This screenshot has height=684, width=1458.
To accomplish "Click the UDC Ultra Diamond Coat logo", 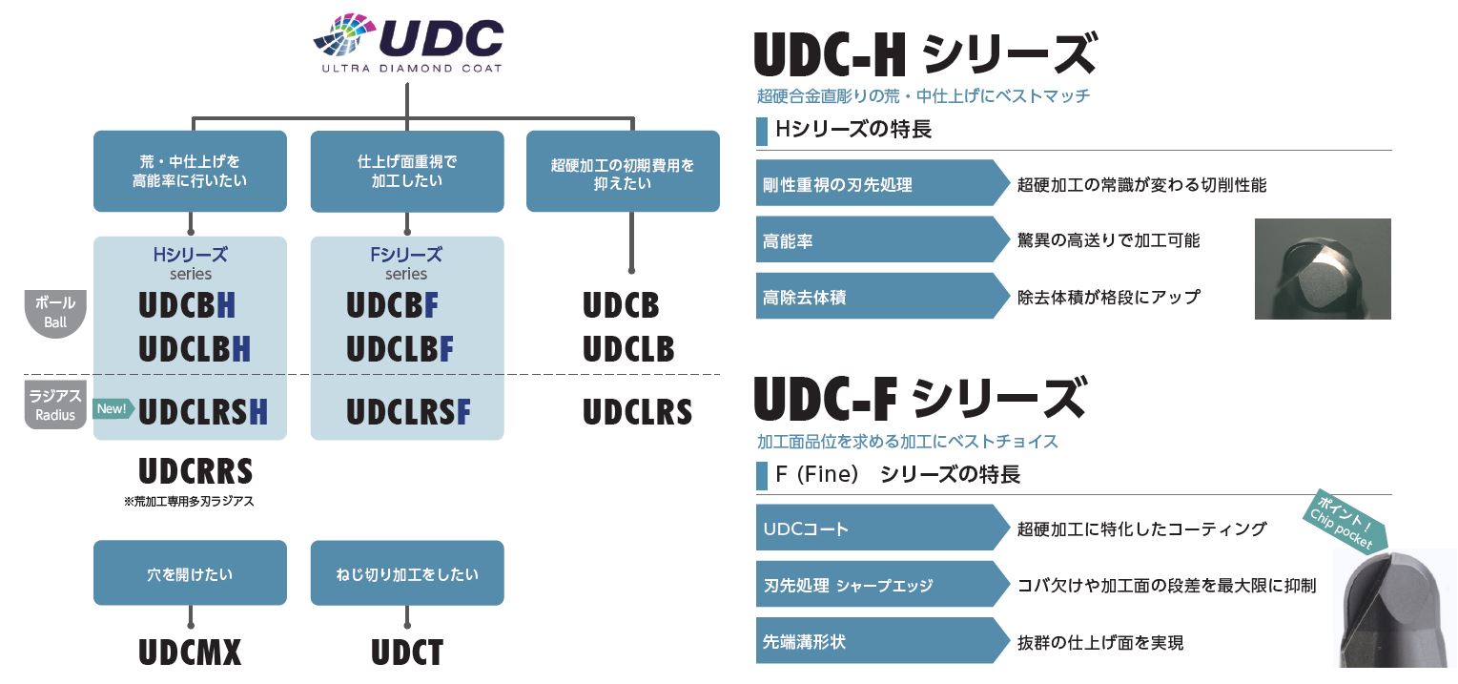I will click(x=408, y=44).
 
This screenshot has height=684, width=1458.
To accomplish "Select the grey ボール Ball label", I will click(x=55, y=312).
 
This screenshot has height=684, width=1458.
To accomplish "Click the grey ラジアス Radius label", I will click(x=55, y=405).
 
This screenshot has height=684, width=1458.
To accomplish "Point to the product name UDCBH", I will click(x=188, y=305).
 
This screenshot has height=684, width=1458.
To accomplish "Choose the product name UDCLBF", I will click(x=400, y=349).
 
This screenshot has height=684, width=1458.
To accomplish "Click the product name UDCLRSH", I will click(x=202, y=411).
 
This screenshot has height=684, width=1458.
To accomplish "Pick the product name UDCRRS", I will click(x=195, y=471).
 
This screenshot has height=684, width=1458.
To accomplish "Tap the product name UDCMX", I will click(x=190, y=653).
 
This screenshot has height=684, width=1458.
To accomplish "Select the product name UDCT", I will click(x=407, y=653).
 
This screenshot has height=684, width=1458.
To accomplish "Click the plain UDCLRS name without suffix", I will click(x=637, y=412).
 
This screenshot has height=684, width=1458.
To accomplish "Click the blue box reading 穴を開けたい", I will click(x=190, y=573).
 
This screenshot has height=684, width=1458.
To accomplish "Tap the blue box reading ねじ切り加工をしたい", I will click(x=407, y=573).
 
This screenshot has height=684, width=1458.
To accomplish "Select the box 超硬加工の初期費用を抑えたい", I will click(x=623, y=172).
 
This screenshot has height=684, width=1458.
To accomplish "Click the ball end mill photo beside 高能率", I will click(x=1322, y=269).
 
